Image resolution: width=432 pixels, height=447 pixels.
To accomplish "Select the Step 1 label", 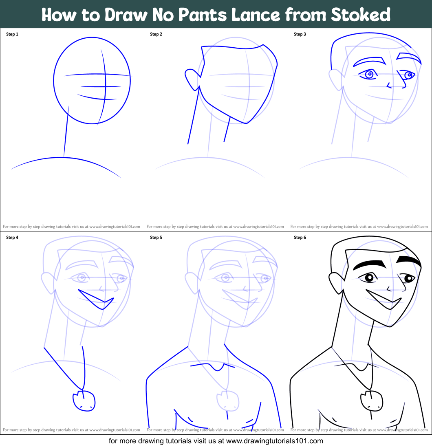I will (12, 34).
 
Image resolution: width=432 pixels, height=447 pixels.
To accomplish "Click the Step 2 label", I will (156, 34).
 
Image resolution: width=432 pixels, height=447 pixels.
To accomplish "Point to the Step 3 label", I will (300, 34).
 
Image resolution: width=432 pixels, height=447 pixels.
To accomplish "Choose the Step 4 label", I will (12, 238).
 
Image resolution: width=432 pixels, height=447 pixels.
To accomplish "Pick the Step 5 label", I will (156, 238).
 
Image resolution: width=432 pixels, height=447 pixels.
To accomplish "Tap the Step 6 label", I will (300, 238).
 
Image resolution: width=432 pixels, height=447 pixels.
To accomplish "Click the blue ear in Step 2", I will (192, 77).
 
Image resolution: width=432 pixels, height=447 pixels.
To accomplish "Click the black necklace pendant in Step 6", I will (371, 401).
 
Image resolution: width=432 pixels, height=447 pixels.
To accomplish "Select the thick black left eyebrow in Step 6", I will (370, 264).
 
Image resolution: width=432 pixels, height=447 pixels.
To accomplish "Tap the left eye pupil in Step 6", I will (370, 278).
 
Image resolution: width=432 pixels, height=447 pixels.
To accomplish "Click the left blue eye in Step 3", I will (369, 74).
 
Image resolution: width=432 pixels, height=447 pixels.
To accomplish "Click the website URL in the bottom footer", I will (274, 440).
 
